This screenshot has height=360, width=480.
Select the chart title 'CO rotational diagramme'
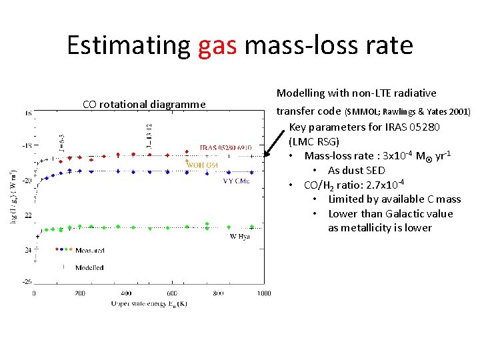point(144,104)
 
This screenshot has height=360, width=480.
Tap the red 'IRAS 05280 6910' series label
point(227,147)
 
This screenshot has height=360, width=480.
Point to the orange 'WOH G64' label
point(203,165)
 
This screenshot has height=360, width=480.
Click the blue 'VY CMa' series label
point(237,180)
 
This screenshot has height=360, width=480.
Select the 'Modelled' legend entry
point(89,267)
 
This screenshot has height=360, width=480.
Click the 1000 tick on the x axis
point(263,293)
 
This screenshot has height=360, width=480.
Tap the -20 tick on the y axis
point(27,180)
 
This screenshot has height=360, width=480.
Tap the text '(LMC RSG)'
point(314,141)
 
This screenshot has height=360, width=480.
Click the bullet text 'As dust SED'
point(357,170)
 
